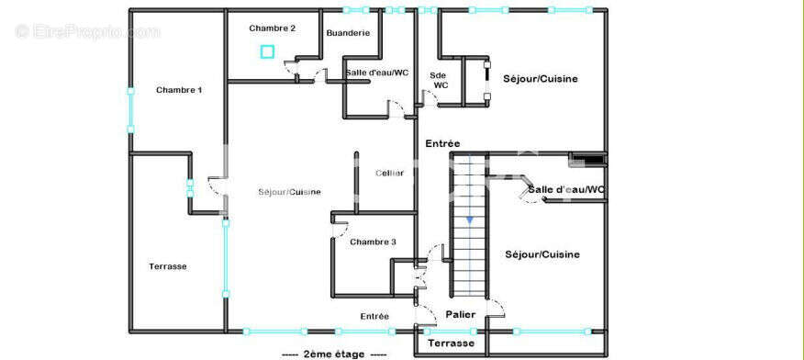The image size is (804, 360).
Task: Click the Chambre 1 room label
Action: pyautogui.click(x=179, y=90)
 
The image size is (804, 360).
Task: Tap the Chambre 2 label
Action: pyautogui.click(x=273, y=28)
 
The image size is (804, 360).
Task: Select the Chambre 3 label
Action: pyautogui.click(x=373, y=242)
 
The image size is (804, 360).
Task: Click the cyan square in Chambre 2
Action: pyautogui.click(x=267, y=51)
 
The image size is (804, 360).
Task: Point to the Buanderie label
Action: pyautogui.click(x=348, y=33)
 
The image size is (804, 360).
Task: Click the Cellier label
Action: pyautogui.click(x=389, y=173)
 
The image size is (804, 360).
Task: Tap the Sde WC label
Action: pyautogui.click(x=440, y=80)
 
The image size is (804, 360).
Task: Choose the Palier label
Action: pyautogui.click(x=461, y=315)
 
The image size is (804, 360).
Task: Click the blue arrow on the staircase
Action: pyautogui.click(x=469, y=220)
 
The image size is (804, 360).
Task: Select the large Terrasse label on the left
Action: pyautogui.click(x=168, y=266)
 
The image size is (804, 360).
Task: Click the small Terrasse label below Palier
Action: pyautogui.click(x=452, y=343)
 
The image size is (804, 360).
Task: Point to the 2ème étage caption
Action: pyautogui.click(x=333, y=354)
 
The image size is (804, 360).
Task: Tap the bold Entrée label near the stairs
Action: pyautogui.click(x=442, y=143)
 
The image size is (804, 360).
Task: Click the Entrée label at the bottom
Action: pyautogui.click(x=374, y=317)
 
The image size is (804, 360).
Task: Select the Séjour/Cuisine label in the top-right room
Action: pyautogui.click(x=541, y=79)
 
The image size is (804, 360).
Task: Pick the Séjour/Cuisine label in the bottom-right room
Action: pyautogui.click(x=542, y=254)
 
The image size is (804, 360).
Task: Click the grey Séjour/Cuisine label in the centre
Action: pyautogui.click(x=290, y=192)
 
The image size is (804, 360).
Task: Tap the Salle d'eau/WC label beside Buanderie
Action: pyautogui.click(x=377, y=73)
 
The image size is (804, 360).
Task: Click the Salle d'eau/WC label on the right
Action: pyautogui.click(x=566, y=190)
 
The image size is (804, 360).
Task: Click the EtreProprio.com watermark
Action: pyautogui.click(x=87, y=31)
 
